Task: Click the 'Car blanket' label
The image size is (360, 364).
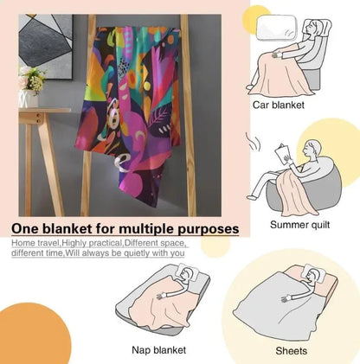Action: point(281,105)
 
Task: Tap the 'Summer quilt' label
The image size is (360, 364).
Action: point(299,225)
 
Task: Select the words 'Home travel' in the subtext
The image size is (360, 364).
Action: point(35,243)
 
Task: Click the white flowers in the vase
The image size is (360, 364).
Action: point(32,80)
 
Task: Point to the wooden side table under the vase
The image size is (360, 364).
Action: point(39,147)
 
